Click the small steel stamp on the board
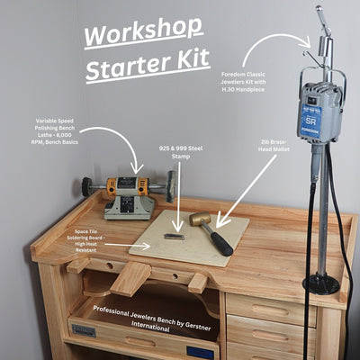pos(175,237)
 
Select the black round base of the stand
pos(320,284)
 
